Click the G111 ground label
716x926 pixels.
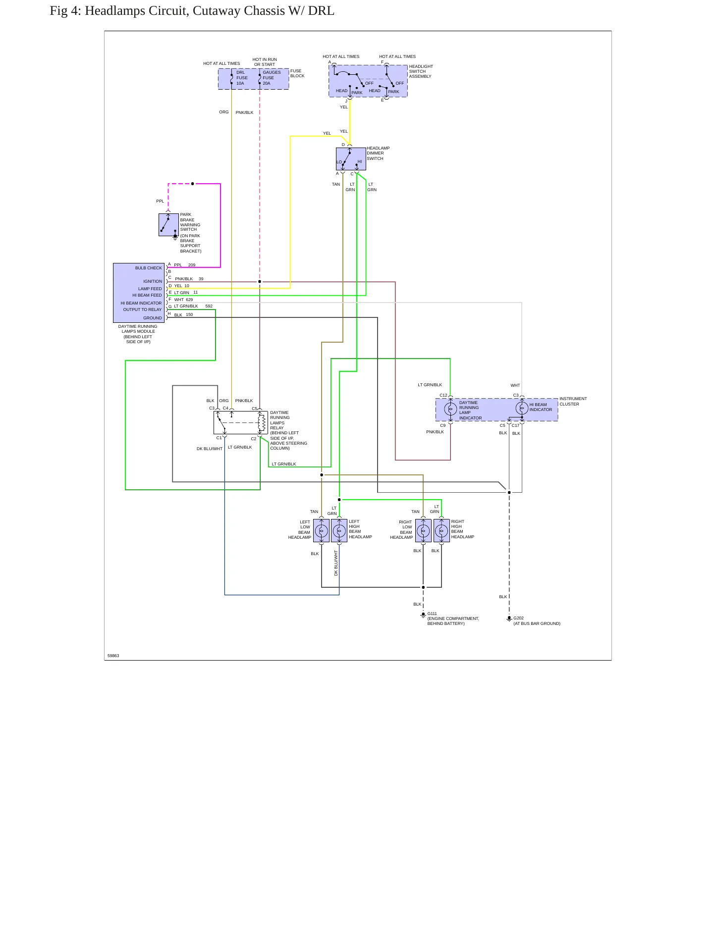[432, 614]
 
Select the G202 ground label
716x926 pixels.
[518, 618]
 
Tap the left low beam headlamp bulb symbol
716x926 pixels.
[321, 531]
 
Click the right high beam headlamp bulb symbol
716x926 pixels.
[441, 531]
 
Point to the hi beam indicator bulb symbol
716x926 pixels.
[522, 408]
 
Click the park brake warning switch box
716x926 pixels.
[168, 225]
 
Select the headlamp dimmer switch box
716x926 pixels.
[351, 159]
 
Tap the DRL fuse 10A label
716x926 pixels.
[242, 78]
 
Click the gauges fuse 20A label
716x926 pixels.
[272, 78]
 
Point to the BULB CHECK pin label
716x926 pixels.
[149, 268]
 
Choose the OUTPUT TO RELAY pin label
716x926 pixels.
[142, 309]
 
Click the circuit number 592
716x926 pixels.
[209, 306]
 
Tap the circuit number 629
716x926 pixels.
[189, 300]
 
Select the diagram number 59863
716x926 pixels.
[113, 656]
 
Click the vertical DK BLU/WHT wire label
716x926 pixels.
[336, 563]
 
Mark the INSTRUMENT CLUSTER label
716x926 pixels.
[573, 401]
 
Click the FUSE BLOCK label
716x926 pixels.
[297, 73]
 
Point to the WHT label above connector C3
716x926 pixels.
[515, 385]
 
